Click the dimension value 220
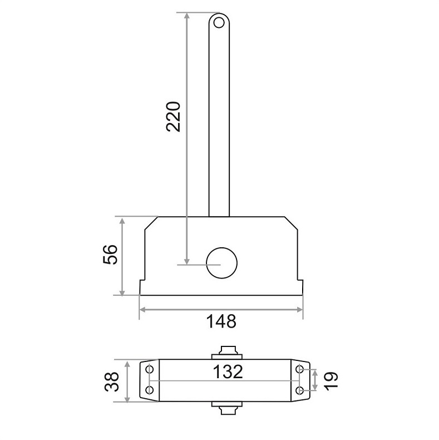[173, 117]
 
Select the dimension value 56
[110, 254]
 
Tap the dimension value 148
[221, 321]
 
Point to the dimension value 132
[228, 371]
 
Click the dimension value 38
[112, 382]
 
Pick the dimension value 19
[331, 380]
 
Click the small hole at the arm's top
[219, 22]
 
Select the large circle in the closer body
[222, 263]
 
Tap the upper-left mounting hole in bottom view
[150, 369]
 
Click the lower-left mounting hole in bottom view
[150, 390]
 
